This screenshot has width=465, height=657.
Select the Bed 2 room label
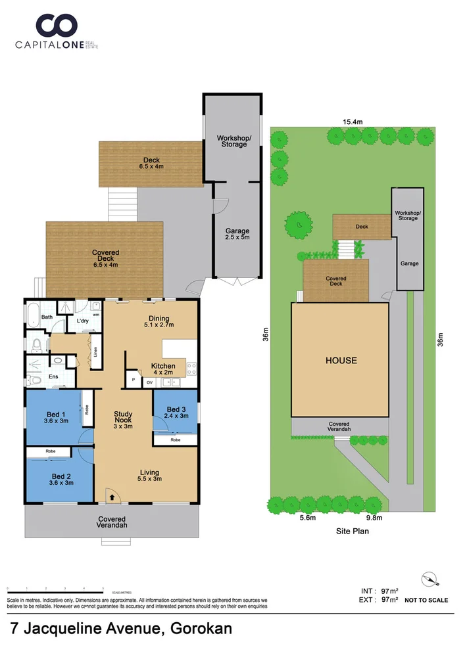61,479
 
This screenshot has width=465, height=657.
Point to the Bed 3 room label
176,412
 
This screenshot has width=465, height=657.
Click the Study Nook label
123,419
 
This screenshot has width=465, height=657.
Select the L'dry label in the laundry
83,321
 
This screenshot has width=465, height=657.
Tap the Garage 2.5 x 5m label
237,235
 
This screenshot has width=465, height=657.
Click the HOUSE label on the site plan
340,360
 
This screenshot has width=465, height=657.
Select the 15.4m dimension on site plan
353,122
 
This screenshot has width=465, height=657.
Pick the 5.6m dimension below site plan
308,518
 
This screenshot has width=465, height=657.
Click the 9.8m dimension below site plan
374,518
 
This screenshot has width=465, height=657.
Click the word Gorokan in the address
201,629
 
